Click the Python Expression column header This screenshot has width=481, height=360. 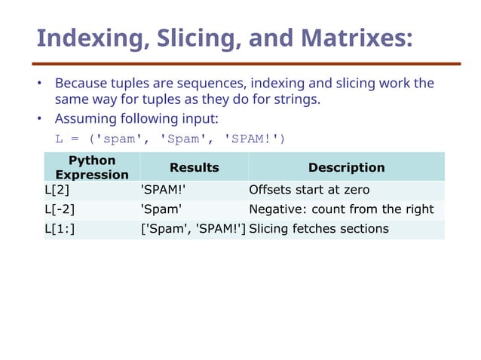point(92,167)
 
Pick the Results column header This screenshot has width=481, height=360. point(194,167)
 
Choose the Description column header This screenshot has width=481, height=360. point(346,167)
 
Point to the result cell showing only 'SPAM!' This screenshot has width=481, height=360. point(163,190)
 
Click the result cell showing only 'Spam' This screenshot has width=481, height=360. point(161,209)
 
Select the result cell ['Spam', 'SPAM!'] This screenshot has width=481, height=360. point(194,229)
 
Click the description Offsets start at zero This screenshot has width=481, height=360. point(309,190)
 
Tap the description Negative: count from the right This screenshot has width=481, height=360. point(341,209)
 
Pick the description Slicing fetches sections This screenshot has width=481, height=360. point(318,229)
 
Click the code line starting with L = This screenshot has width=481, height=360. point(170,139)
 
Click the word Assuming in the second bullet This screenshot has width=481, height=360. point(84,119)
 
